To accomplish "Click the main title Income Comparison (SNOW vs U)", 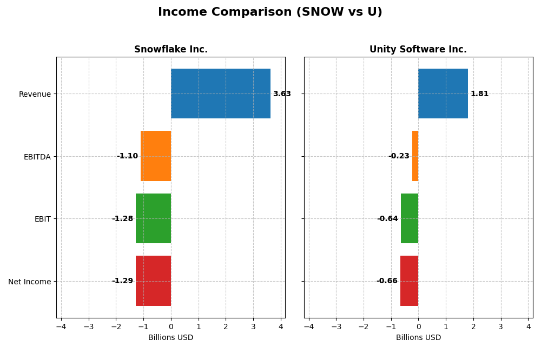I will [270, 12].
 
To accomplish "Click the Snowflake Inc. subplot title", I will [170, 50].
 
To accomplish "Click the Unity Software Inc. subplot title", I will [418, 50].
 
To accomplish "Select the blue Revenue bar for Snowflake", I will [220, 94].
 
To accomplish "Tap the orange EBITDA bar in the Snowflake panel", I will [156, 156].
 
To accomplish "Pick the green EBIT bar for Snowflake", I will [153, 218].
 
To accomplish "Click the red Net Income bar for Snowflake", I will [153, 281].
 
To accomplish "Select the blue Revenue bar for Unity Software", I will [443, 94].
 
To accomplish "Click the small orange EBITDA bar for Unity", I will [415, 156].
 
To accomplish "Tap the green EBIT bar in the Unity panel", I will [410, 218].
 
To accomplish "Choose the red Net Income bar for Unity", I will [409, 281].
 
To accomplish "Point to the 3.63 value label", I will [282, 94].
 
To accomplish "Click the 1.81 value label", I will [479, 94].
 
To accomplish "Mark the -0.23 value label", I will [399, 156].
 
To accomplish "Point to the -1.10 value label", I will [127, 156].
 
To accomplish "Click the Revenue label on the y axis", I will [35, 94].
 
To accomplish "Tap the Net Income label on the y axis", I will [29, 282].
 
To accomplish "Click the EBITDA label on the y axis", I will [37, 157].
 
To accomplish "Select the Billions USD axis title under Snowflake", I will [170, 338].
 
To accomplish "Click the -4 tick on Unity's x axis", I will [308, 326].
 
